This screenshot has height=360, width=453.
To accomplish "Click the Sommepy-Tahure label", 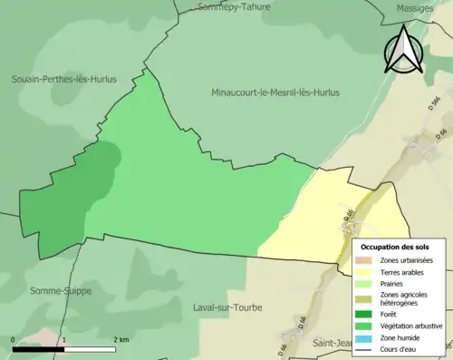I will coord(235,7).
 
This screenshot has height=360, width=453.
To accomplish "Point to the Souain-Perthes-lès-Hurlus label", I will coord(63,79).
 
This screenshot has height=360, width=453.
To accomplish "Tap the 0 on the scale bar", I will coord(14,339).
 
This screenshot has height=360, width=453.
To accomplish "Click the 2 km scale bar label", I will coord(120,339).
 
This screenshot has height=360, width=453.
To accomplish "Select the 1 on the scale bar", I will coord(64,339).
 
